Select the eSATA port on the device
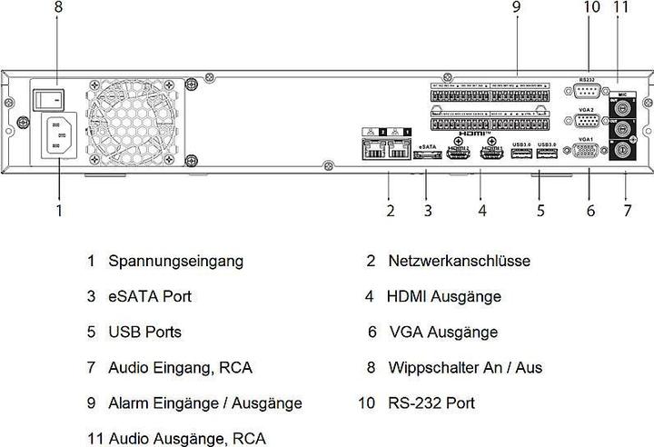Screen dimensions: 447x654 [x=427, y=155]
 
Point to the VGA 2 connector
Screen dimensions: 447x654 [x=588, y=122]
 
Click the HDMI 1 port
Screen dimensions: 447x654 [x=492, y=155]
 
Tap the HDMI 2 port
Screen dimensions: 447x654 [x=457, y=155]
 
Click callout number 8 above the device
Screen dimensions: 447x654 [x=59, y=8]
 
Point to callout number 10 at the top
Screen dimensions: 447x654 [x=592, y=8]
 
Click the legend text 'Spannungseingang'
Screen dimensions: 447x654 [x=175, y=262]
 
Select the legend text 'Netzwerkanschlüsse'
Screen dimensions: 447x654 [x=459, y=262]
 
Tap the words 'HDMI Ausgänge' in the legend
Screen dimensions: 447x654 [x=443, y=297]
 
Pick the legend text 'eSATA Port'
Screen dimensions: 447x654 [x=150, y=297]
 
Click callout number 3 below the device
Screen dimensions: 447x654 [x=427, y=212]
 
